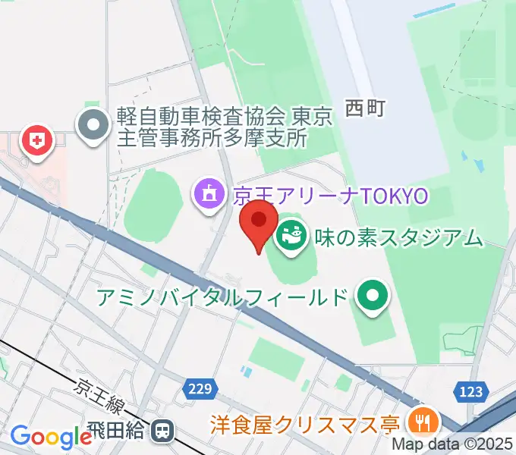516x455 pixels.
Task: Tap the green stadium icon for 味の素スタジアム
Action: pos(289,237)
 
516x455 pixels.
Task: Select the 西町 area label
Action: pos(366,108)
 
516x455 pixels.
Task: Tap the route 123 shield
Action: pos(470,391)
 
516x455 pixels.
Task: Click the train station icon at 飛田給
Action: pos(161,432)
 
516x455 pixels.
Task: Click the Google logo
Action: pos(51,437)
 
